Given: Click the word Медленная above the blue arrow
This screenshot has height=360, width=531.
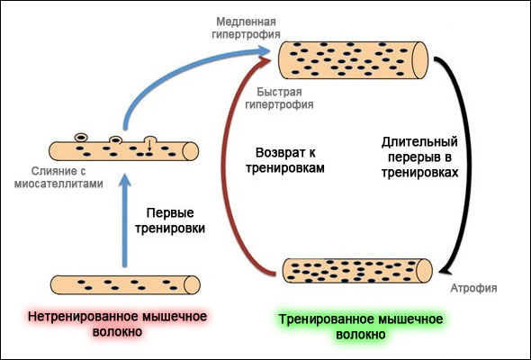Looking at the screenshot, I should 243,20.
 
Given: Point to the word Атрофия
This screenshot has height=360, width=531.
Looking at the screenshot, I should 472,288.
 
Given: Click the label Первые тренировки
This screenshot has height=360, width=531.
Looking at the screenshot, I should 175,221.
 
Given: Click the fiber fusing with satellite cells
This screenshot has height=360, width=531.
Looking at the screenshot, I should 124,149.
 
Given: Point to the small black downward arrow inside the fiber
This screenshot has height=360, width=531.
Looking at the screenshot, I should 149,143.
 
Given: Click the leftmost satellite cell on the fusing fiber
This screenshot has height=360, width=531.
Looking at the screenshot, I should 81,137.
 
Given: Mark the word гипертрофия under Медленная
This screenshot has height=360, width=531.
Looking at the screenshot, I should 243,33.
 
